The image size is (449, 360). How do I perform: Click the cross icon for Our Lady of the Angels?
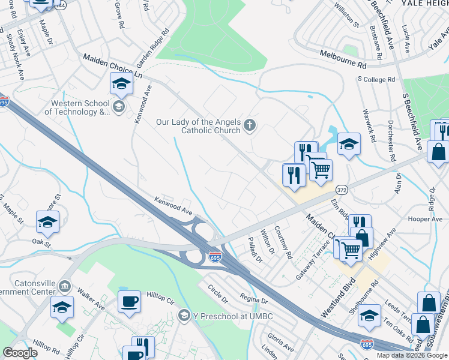click(x=250, y=126)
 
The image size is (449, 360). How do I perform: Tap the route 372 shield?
click(x=342, y=190)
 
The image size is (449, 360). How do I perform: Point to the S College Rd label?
click(x=376, y=79)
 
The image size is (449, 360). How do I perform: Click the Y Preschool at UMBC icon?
click(x=184, y=316)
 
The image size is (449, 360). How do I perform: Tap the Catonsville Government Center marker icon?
click(x=65, y=286)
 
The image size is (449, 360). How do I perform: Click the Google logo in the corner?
click(x=20, y=352)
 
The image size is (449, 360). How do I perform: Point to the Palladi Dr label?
click(x=255, y=250)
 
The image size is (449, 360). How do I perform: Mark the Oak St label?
click(x=40, y=241)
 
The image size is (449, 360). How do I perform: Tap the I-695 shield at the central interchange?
click(x=215, y=257)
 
